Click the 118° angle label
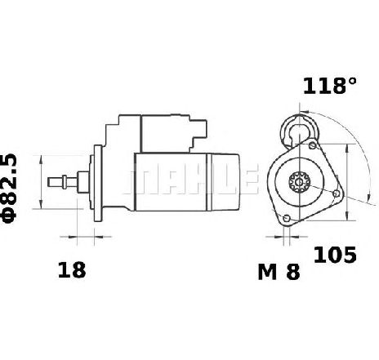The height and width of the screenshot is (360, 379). [329, 86]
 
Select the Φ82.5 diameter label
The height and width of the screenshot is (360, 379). [9, 189]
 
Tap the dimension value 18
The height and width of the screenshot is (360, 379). [72, 270]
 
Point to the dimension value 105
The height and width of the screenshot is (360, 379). [335, 255]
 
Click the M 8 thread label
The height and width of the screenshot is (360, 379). [279, 272]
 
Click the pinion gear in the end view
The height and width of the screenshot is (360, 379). [299, 182]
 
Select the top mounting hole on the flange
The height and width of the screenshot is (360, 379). [313, 145]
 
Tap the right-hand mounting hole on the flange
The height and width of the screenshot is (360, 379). [337, 193]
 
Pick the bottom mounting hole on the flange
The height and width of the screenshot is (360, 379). [286, 218]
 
